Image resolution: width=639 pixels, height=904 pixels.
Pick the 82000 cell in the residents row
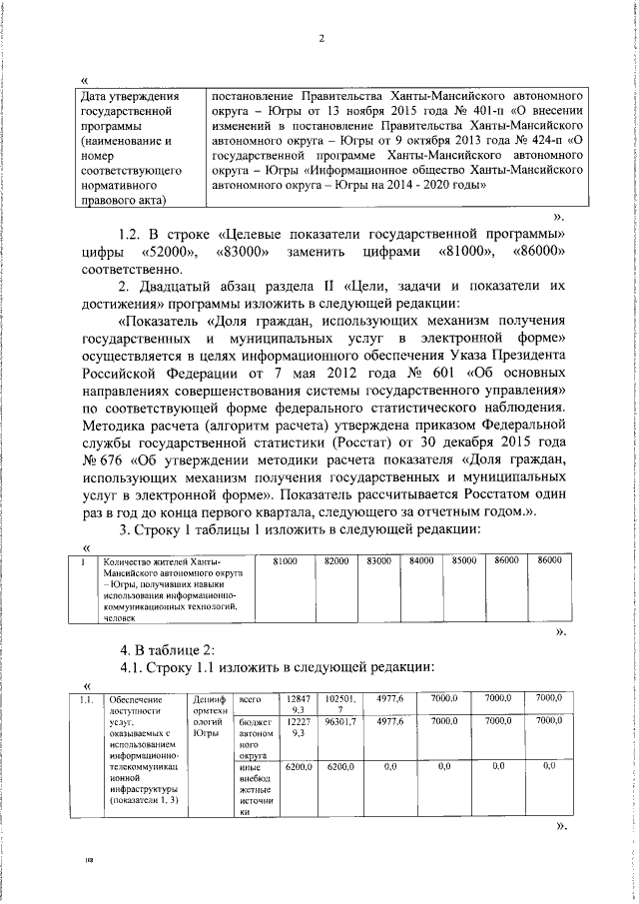tap(336, 563)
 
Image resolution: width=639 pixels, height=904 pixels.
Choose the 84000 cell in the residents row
tap(421, 563)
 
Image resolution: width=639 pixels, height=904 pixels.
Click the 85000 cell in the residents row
tap(464, 563)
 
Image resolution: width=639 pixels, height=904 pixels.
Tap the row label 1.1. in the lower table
tap(88, 698)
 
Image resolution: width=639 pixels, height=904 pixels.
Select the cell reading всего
tap(251, 698)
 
